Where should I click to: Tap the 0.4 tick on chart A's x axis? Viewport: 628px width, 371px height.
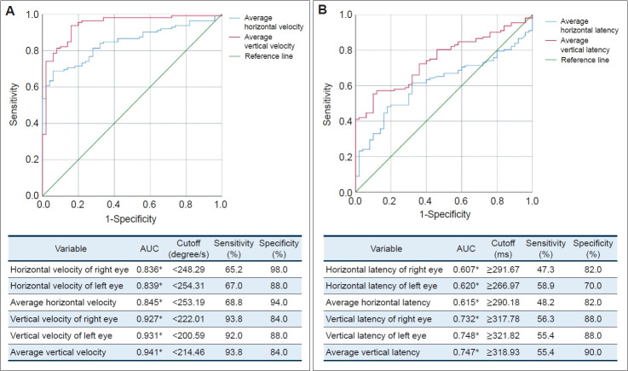(114, 205)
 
